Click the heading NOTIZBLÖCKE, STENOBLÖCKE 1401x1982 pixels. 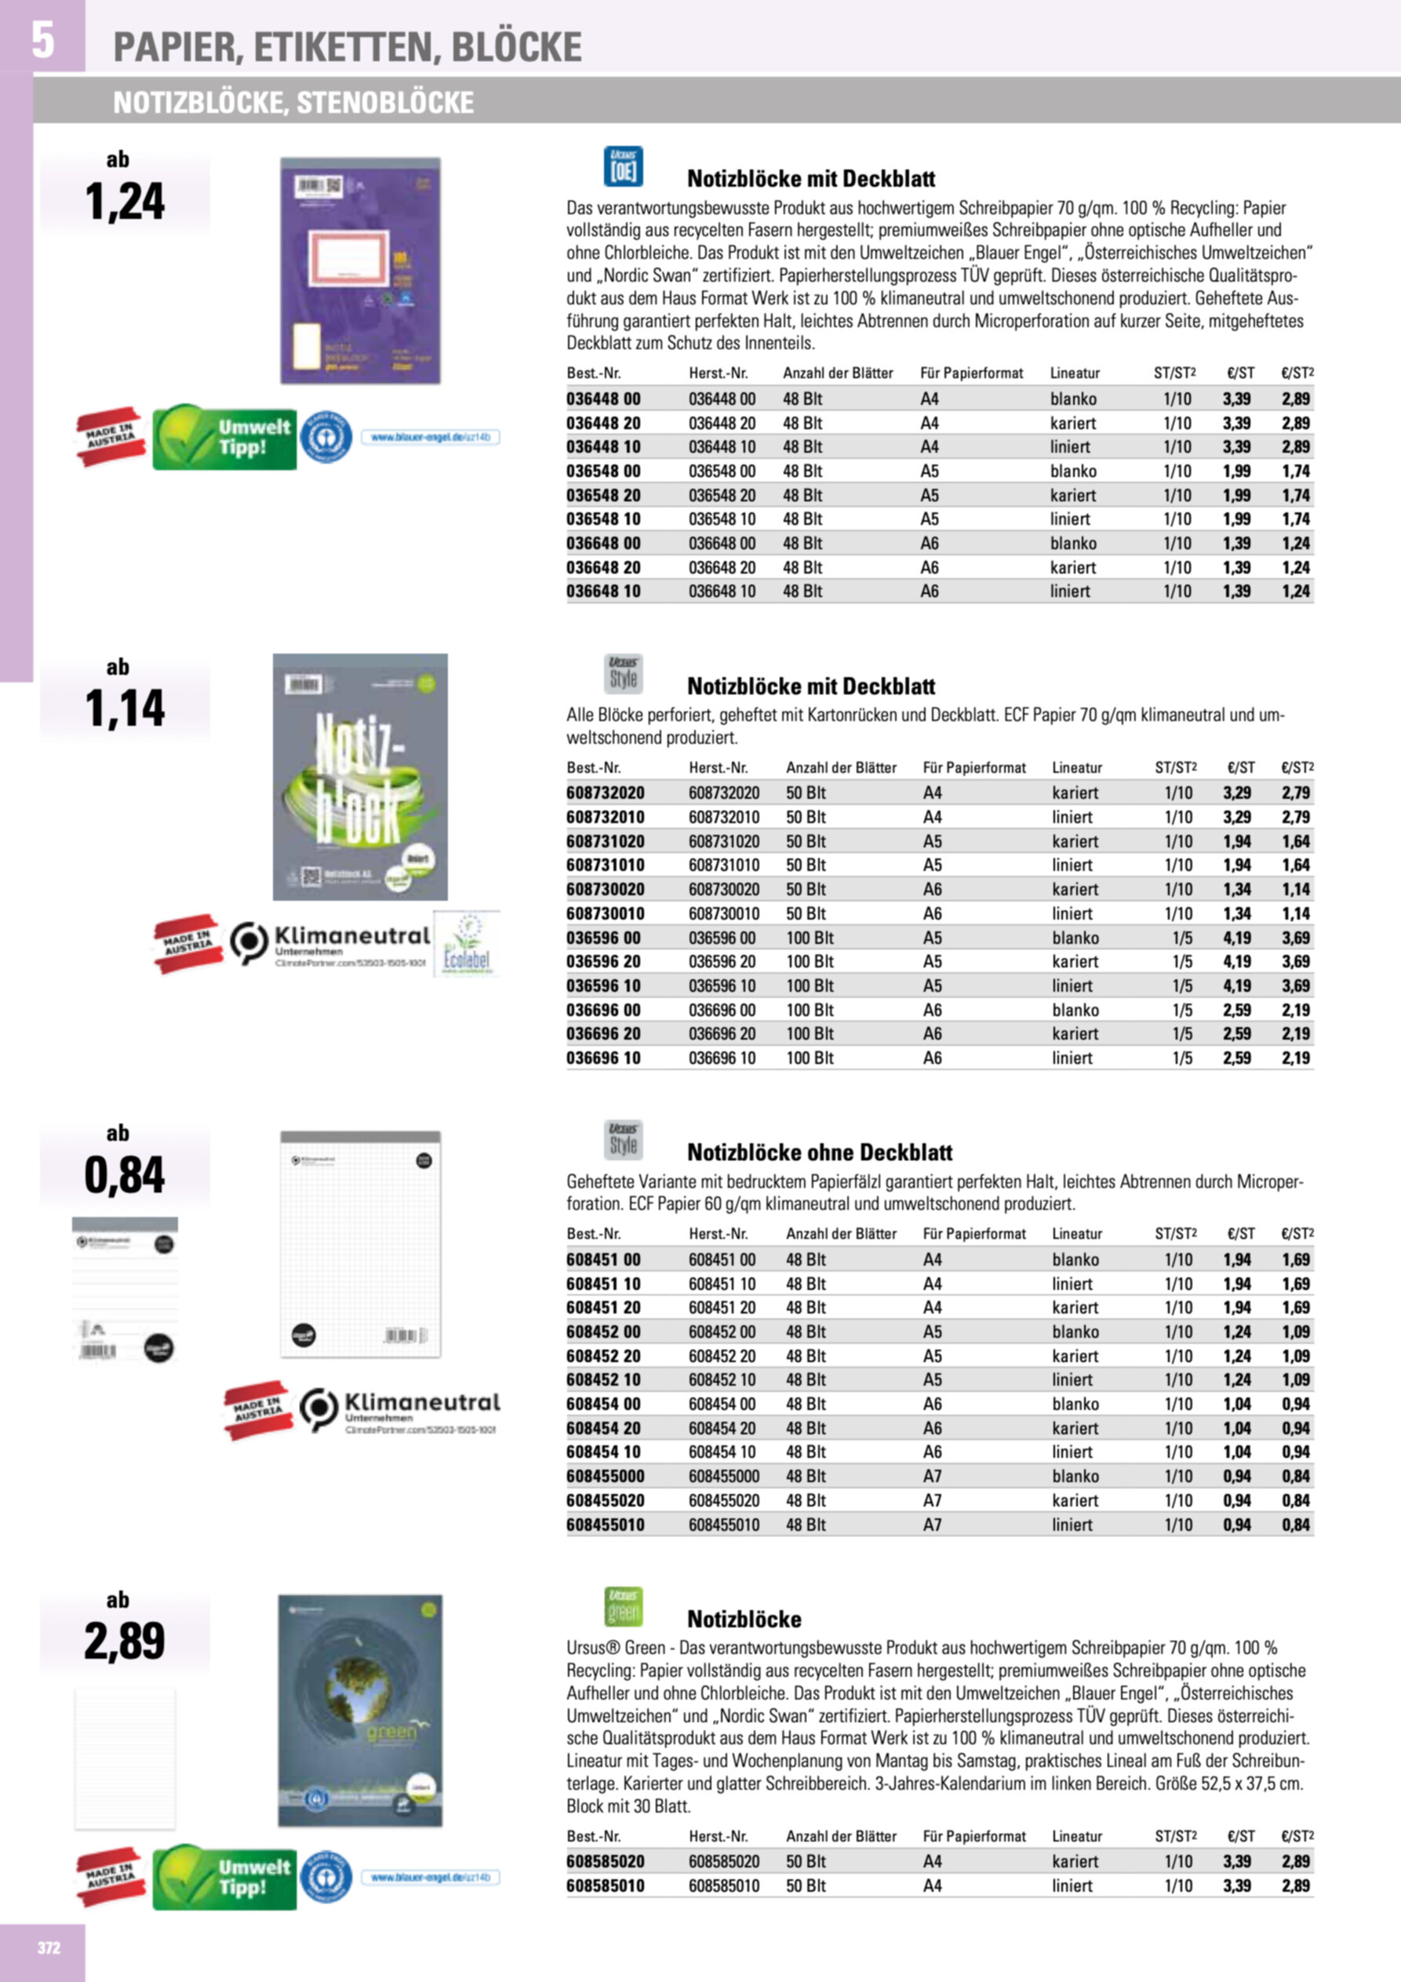point(293,103)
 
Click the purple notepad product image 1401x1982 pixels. point(360,270)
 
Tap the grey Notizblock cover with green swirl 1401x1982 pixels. point(360,776)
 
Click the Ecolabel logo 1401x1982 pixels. point(466,945)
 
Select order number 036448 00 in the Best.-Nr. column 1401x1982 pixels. point(603,399)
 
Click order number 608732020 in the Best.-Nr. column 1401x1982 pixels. point(605,792)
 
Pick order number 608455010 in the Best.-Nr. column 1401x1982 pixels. point(605,1525)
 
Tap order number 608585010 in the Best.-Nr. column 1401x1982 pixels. point(605,1885)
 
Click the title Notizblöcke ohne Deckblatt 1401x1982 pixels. point(819,1153)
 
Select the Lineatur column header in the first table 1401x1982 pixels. point(1075,373)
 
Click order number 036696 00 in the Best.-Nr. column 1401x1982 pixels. point(603,1010)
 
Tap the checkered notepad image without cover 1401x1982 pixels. point(360,1244)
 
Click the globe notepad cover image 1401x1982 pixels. point(360,1710)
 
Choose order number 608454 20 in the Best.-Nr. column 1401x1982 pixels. point(603,1428)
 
